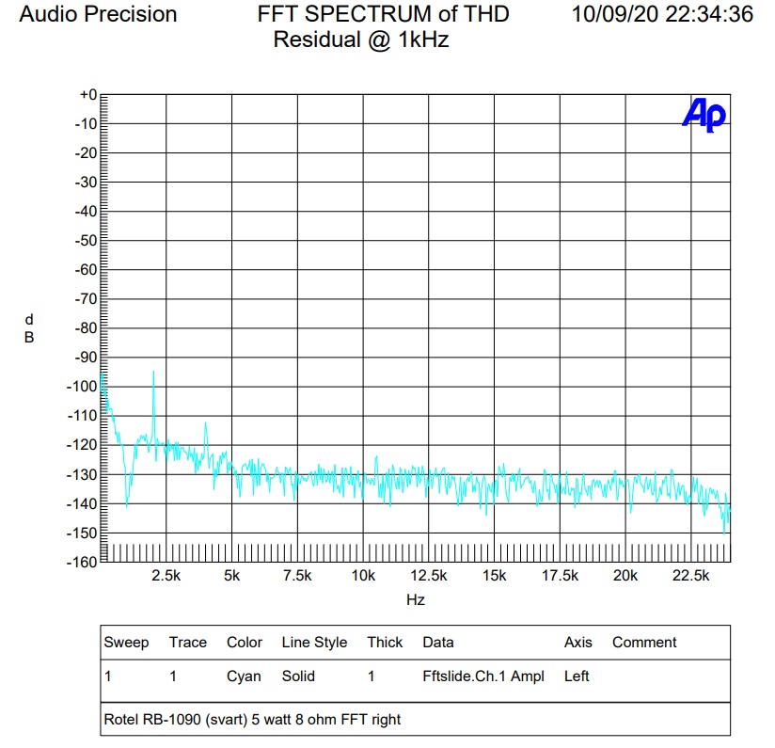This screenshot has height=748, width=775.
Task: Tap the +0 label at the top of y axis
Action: coord(87,95)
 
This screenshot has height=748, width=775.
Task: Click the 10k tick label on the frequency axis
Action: coord(363,576)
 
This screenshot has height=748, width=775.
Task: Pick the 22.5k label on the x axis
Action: coord(691,576)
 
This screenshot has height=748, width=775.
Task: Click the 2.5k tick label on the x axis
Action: coord(166,576)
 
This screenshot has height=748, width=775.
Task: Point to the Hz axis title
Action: coord(415,599)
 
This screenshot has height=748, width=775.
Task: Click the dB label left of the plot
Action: coord(29,328)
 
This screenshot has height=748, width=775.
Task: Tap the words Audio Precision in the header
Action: coord(98,14)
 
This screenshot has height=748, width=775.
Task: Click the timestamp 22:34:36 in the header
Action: coord(707,14)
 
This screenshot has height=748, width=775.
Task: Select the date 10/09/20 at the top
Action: coord(611,14)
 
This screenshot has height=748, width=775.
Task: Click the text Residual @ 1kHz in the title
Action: coord(360,40)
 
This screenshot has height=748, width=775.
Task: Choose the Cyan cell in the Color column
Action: coord(245,676)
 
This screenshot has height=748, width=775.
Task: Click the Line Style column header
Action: coord(314,643)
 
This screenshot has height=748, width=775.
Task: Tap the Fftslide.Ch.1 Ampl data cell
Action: coord(483,676)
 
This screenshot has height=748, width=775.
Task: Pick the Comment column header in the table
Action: coord(644,643)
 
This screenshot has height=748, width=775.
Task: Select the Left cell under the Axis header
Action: coord(577,676)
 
